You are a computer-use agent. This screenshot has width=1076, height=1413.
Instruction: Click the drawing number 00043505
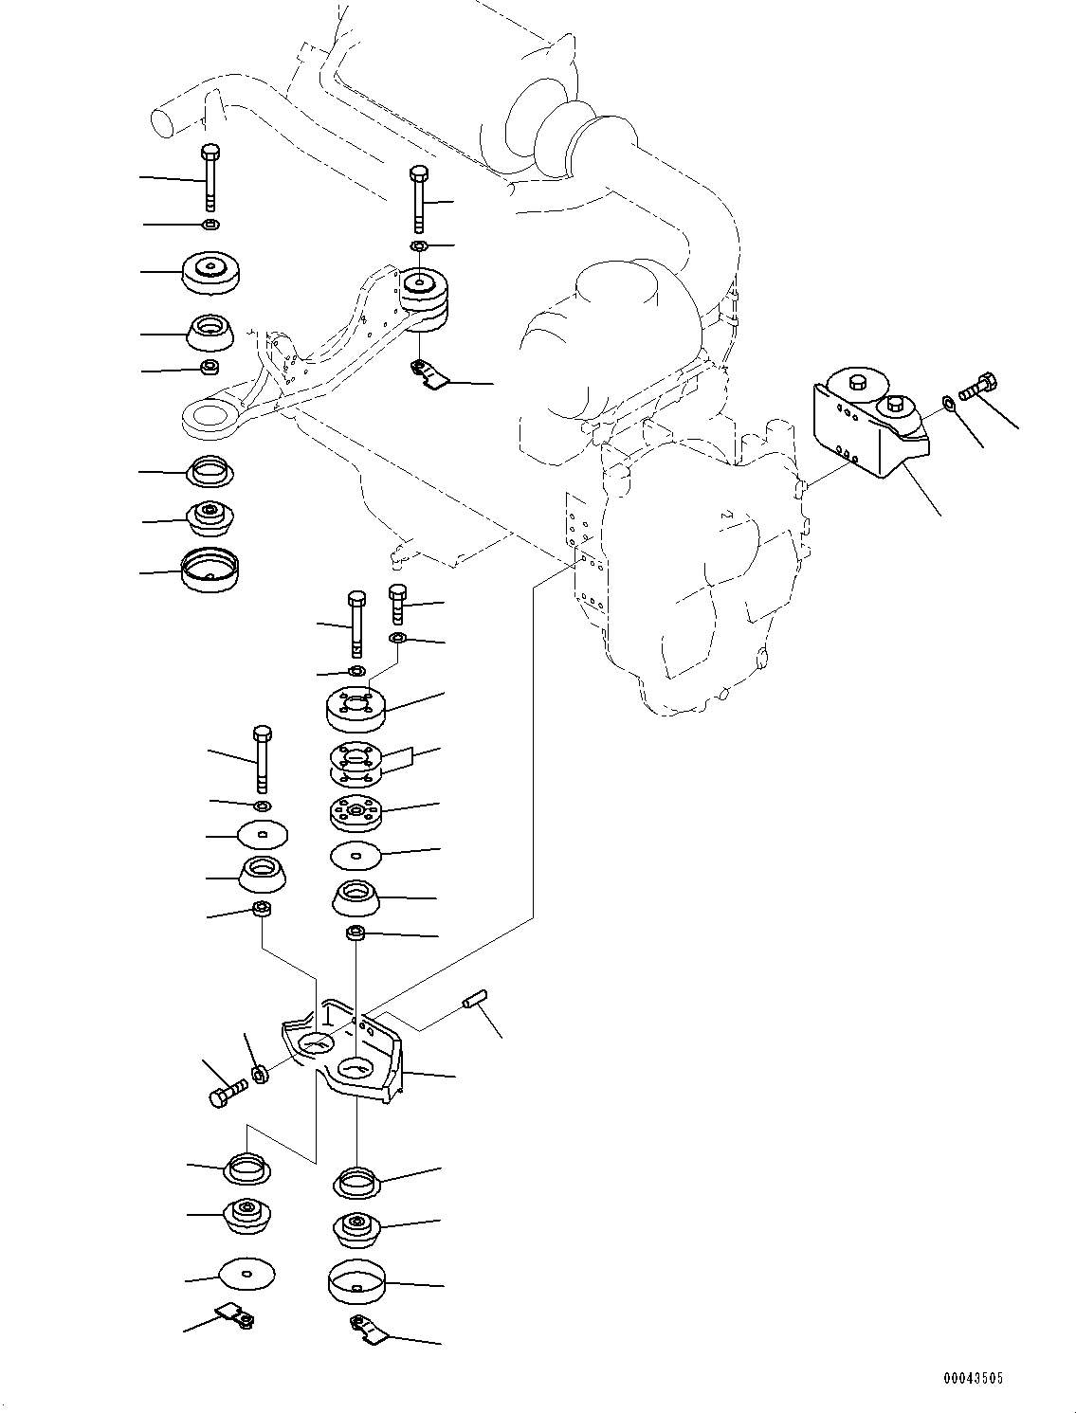(973, 1378)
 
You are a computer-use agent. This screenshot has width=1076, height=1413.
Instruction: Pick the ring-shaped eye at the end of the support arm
(206, 414)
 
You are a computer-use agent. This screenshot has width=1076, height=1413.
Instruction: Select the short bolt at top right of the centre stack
(397, 604)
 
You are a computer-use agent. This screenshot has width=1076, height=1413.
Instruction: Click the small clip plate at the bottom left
(234, 1315)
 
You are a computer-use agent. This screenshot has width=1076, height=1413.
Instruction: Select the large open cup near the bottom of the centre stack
(356, 1279)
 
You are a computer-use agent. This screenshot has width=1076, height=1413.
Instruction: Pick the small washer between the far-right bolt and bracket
(950, 407)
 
